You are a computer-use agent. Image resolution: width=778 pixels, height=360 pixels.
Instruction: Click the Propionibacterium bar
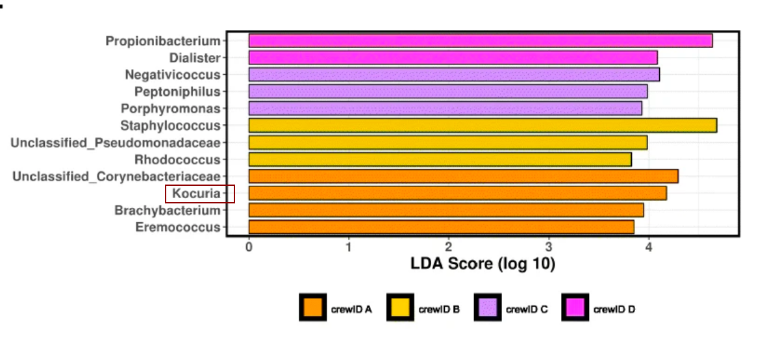481,41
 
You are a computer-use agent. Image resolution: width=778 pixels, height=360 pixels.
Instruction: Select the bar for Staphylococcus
483,125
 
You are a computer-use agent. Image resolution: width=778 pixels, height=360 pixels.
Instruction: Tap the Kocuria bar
457,193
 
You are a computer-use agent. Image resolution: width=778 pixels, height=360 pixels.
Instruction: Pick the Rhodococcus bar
440,159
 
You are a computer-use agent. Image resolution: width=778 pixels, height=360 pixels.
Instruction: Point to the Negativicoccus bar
454,75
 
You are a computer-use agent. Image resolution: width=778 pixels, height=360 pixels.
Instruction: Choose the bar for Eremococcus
441,227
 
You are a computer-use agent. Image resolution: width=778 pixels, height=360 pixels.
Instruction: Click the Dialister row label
195,58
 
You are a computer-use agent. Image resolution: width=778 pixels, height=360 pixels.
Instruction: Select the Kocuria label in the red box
196,193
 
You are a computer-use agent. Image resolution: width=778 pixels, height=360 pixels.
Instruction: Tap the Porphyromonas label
171,109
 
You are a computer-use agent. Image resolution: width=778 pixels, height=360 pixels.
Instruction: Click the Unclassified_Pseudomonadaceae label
116,142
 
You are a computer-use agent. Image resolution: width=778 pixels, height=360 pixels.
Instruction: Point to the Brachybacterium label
168,210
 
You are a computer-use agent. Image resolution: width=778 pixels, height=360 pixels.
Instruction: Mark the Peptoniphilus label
177,92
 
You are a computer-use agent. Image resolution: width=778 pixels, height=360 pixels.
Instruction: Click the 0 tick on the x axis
249,247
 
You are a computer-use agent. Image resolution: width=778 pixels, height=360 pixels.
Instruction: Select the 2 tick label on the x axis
449,247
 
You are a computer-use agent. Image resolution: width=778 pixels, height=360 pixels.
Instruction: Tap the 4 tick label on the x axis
648,247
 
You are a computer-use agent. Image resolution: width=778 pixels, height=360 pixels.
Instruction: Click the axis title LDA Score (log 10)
483,264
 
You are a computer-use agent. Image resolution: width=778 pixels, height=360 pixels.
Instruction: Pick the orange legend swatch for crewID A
313,308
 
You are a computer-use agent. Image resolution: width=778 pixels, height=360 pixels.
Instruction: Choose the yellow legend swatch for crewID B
400,308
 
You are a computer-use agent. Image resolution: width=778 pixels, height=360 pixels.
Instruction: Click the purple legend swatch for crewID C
488,308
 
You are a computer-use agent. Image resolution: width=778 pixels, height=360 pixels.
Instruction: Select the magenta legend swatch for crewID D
575,308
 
